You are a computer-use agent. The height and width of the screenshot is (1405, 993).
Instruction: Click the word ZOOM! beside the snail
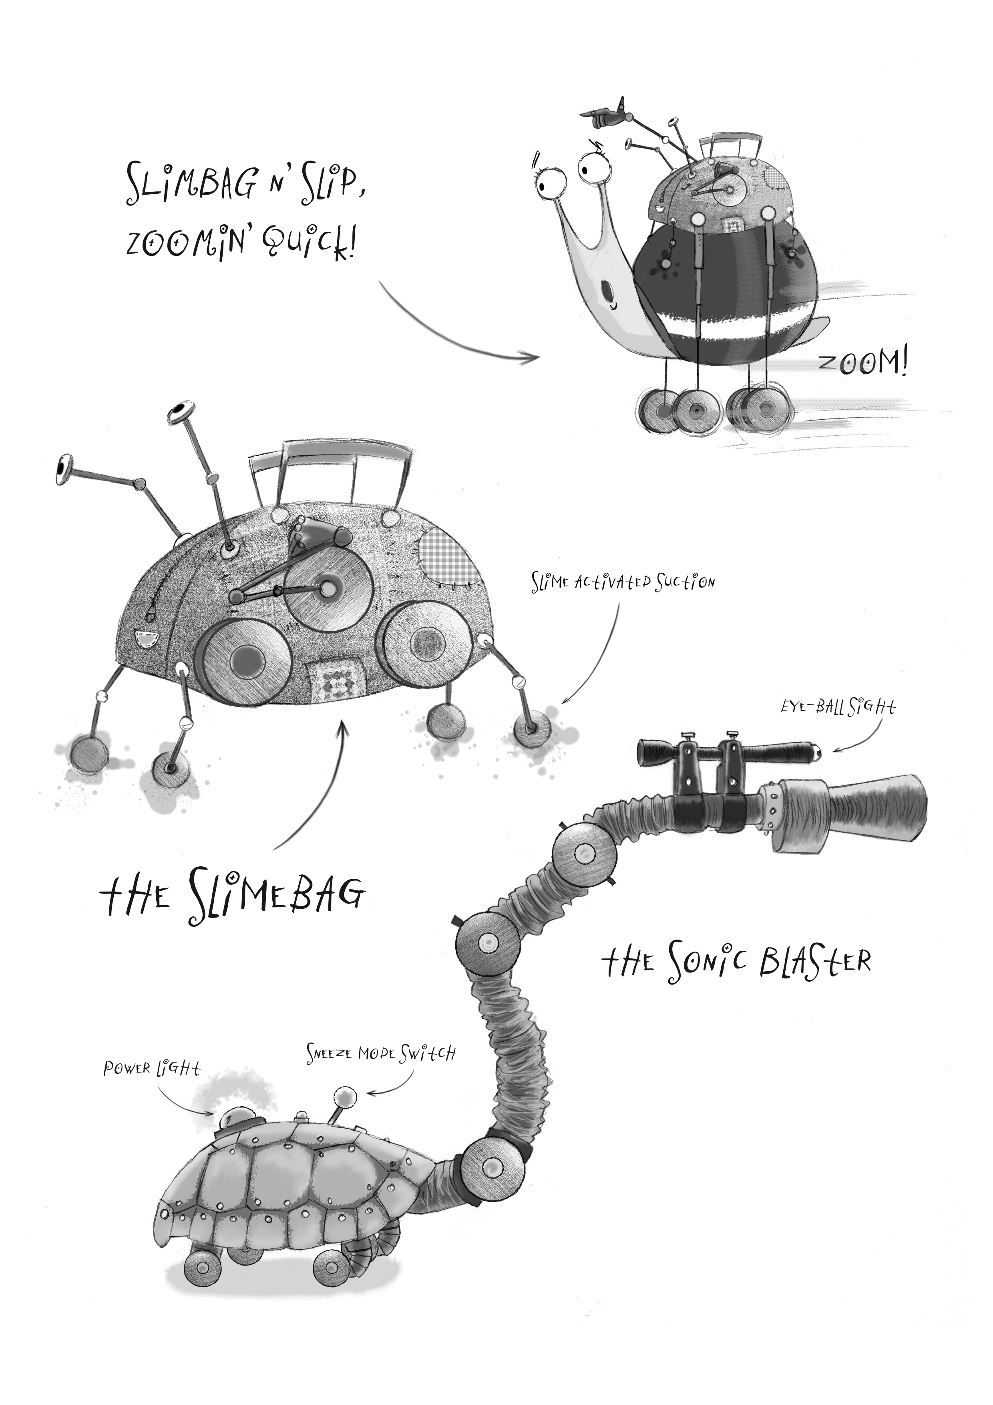tap(863, 365)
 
